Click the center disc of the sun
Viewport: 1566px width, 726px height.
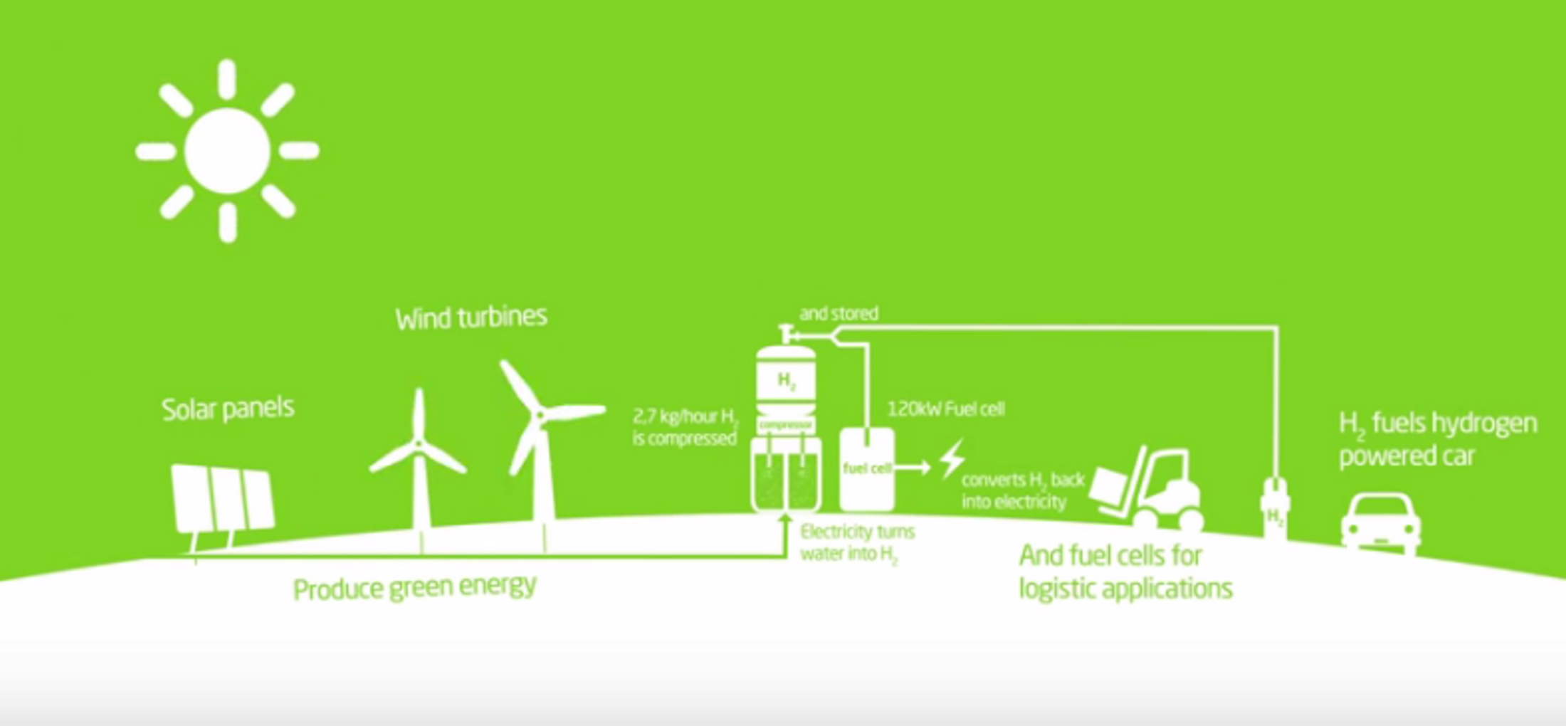[227, 151]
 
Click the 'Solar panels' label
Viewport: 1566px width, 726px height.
[228, 409]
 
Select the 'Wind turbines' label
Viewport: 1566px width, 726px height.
[471, 317]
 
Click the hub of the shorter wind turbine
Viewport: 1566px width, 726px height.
[419, 445]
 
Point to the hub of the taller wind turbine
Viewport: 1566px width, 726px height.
[541, 414]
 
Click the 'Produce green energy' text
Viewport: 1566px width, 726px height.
[414, 588]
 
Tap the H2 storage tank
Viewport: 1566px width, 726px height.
[786, 381]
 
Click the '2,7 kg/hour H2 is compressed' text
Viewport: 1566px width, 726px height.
[685, 427]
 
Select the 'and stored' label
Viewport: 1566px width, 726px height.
[839, 313]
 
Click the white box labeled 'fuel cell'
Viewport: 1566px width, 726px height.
[867, 468]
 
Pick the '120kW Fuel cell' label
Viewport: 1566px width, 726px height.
[945, 409]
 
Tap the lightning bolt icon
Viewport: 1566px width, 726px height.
[952, 459]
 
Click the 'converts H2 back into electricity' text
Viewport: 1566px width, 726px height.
[1022, 491]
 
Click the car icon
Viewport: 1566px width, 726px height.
[1380, 523]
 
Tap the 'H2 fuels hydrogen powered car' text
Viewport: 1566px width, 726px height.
[1436, 439]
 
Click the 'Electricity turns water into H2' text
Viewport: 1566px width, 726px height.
[856, 543]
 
